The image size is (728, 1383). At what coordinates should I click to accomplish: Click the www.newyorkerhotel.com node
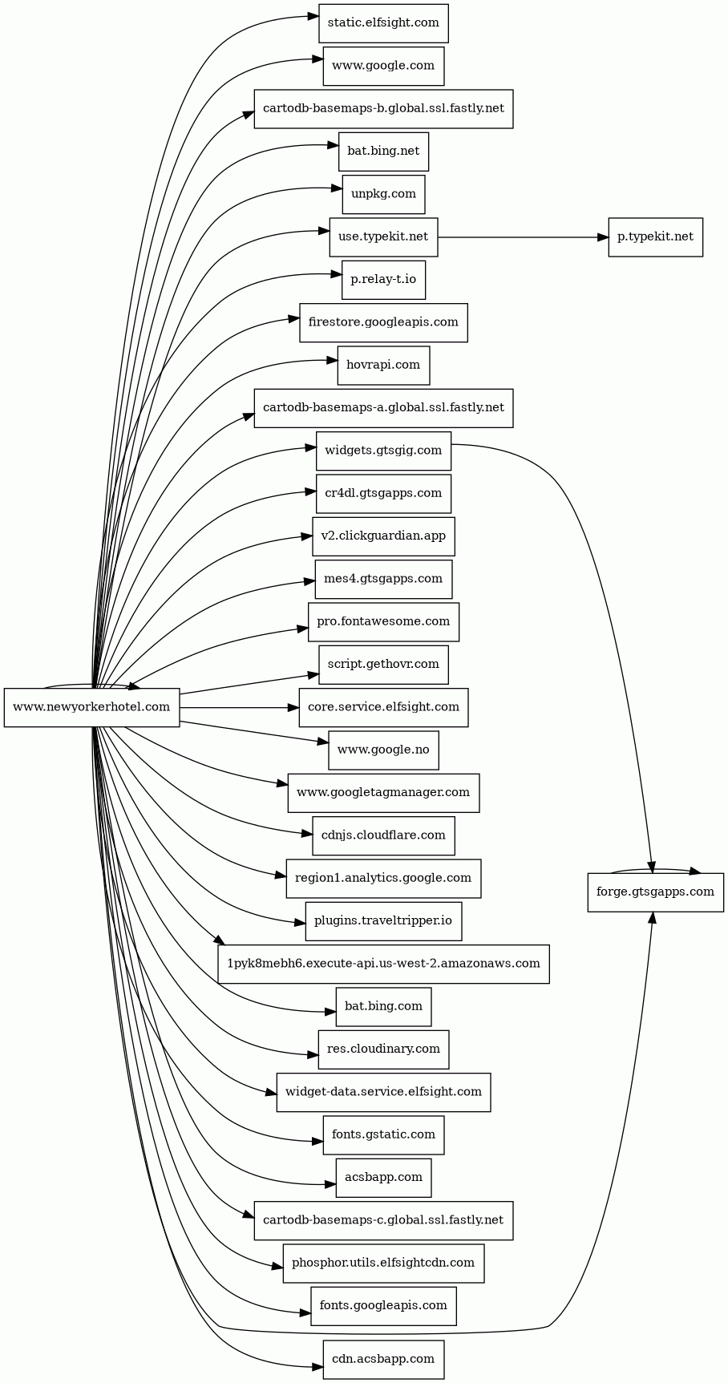pyautogui.click(x=91, y=707)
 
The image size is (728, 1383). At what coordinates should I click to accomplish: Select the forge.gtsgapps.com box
pyautogui.click(x=655, y=892)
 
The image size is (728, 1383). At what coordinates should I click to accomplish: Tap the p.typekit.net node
pyautogui.click(x=655, y=237)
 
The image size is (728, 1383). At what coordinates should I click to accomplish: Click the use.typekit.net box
pyautogui.click(x=383, y=237)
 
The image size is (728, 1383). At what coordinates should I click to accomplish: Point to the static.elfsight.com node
pyautogui.click(x=383, y=23)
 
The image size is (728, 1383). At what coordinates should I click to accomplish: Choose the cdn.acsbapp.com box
pyautogui.click(x=383, y=1359)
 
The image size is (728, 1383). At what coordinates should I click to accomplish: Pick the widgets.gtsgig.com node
pyautogui.click(x=383, y=451)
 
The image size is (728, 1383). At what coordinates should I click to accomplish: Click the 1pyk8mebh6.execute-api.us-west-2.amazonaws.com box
pyautogui.click(x=383, y=964)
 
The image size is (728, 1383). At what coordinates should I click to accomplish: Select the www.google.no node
pyautogui.click(x=383, y=750)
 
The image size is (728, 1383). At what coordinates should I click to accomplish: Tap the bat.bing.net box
pyautogui.click(x=383, y=152)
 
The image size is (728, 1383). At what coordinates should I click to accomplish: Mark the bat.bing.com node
pyautogui.click(x=383, y=1006)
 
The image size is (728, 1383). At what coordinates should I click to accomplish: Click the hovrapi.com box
pyautogui.click(x=383, y=365)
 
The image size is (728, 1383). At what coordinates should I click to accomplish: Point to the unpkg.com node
pyautogui.click(x=383, y=194)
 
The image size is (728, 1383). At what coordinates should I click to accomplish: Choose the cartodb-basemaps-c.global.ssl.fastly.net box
pyautogui.click(x=383, y=1220)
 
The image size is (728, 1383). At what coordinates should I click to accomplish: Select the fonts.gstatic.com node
pyautogui.click(x=383, y=1134)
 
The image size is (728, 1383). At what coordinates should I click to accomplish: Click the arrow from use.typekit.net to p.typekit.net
pyautogui.click(x=521, y=237)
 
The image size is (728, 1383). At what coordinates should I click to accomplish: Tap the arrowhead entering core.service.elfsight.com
pyautogui.click(x=293, y=708)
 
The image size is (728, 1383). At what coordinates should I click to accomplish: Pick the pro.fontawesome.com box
pyautogui.click(x=383, y=621)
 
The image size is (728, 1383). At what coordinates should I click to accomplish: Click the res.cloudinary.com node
pyautogui.click(x=383, y=1049)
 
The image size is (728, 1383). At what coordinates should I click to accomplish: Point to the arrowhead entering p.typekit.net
pyautogui.click(x=603, y=237)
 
